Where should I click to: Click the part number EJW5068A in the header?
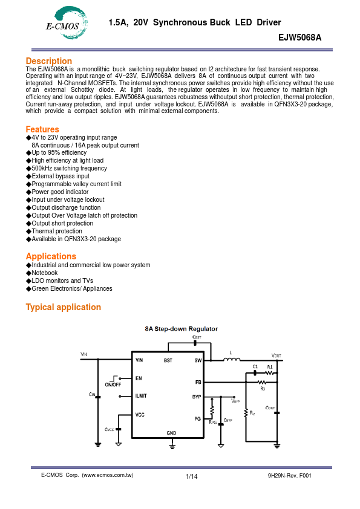[x=299, y=37]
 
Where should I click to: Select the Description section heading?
[x=48, y=61]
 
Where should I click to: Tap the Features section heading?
[x=42, y=129]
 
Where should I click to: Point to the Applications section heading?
[x=51, y=257]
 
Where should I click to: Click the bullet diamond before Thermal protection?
[x=28, y=232]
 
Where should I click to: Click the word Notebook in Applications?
[x=44, y=273]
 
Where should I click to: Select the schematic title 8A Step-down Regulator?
[x=181, y=329]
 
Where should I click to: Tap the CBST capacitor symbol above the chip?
[x=195, y=343]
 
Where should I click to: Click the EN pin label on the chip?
[x=138, y=378]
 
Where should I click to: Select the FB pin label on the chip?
[x=198, y=383]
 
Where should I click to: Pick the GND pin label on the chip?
[x=171, y=433]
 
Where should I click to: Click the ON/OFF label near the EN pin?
[x=113, y=384]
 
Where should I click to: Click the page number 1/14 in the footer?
[x=192, y=477]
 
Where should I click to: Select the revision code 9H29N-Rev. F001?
[x=289, y=476]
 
